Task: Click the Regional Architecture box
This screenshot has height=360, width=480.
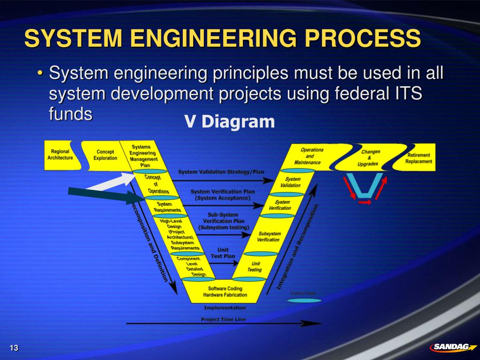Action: click(60, 155)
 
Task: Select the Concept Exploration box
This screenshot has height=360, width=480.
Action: click(105, 155)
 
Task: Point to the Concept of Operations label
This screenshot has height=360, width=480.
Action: click(154, 184)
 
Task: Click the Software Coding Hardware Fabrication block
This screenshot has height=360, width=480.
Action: click(225, 292)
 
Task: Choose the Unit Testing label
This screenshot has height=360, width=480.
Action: click(255, 267)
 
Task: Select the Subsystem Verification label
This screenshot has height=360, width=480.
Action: click(269, 237)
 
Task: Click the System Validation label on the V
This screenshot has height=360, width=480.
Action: click(293, 182)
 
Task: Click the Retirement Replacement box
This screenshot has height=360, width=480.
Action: click(419, 158)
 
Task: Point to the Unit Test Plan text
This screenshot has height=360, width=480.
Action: click(223, 253)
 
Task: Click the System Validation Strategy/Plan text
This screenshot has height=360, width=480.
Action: click(221, 172)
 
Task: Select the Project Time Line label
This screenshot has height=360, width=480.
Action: click(223, 320)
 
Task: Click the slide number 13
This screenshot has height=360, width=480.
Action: click(14, 347)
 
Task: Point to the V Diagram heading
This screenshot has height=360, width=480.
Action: click(229, 122)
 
